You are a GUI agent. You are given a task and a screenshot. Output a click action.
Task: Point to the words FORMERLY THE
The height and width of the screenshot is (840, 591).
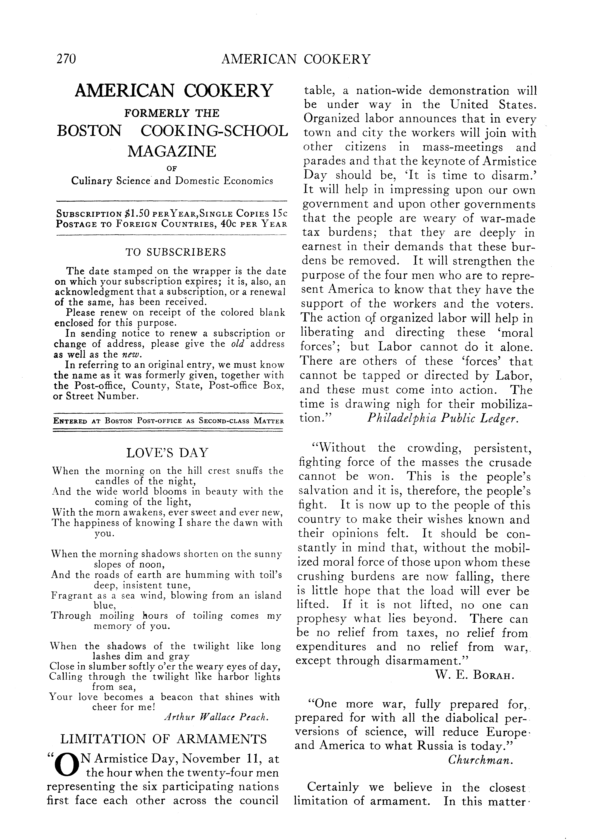172,113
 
